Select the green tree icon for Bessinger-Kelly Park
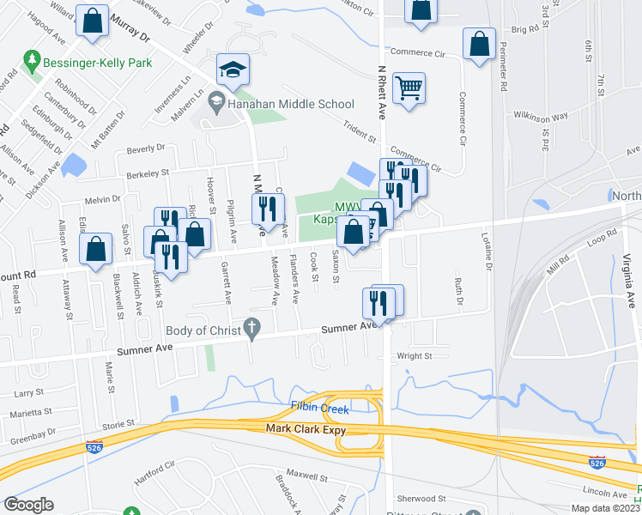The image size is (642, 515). [x=33, y=62]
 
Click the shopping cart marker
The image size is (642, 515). [x=409, y=87]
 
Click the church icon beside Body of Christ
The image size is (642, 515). [x=251, y=326]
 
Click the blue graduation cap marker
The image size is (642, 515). [x=232, y=70]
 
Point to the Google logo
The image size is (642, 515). [x=28, y=505]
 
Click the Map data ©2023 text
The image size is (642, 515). [x=604, y=508]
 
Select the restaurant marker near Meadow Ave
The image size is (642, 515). [x=268, y=208]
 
